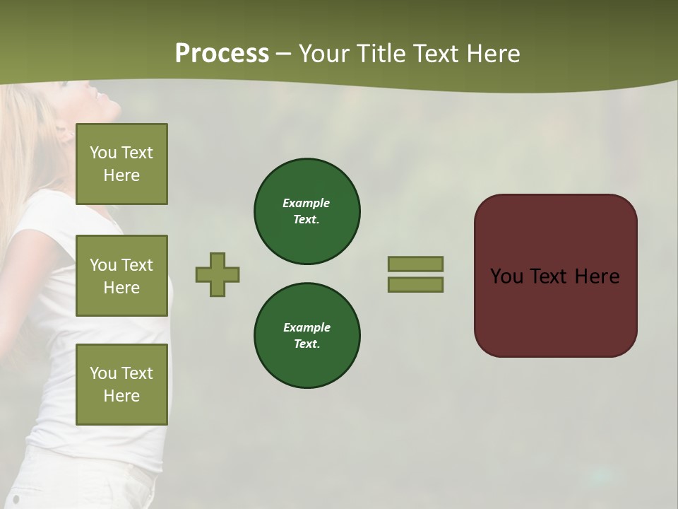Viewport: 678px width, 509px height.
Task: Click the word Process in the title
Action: [x=222, y=54]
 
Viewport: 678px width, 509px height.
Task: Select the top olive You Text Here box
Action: [x=121, y=164]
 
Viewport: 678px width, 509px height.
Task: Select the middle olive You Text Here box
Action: [x=121, y=276]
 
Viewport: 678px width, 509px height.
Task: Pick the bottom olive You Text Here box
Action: [x=121, y=384]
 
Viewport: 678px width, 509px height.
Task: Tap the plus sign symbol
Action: [x=218, y=274]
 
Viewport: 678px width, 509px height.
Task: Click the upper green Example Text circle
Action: [x=307, y=211]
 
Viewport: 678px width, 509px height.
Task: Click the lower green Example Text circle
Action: [x=307, y=336]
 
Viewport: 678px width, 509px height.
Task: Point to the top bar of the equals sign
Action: [x=415, y=264]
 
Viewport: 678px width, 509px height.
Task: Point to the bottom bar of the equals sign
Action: [x=415, y=284]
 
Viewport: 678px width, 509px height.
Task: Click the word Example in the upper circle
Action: [x=307, y=203]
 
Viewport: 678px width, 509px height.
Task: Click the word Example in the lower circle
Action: [x=307, y=327]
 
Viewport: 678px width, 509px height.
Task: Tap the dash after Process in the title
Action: [x=284, y=54]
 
